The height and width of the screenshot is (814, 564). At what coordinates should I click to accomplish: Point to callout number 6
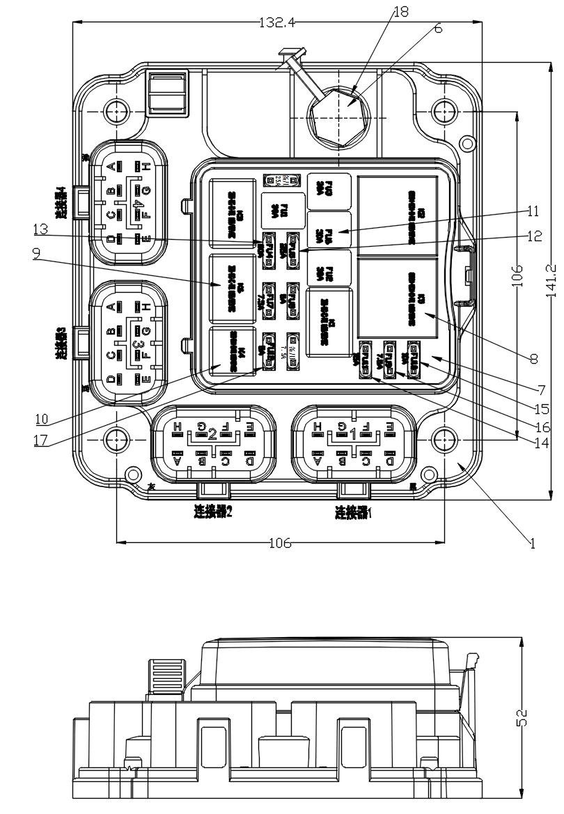[437, 29]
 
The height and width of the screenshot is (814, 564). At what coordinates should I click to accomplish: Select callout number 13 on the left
[40, 228]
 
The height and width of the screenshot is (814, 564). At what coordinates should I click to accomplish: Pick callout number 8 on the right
[534, 359]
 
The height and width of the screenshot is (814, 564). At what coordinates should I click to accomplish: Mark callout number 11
[533, 210]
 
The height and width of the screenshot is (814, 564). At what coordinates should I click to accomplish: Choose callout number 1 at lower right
[533, 543]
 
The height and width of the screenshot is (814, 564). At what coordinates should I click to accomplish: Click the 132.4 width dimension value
[277, 22]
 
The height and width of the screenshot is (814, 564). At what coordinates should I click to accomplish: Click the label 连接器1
[354, 514]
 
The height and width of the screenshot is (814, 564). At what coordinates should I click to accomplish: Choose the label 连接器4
[61, 202]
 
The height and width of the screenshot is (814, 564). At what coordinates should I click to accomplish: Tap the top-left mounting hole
[116, 109]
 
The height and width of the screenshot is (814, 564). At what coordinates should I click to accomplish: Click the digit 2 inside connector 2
[212, 433]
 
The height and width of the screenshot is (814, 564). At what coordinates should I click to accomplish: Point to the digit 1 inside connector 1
[353, 433]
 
